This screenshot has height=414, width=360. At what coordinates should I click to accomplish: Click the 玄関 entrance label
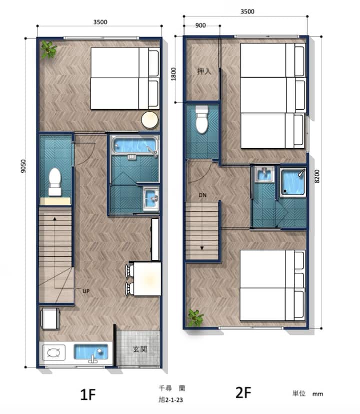(x=140, y=349)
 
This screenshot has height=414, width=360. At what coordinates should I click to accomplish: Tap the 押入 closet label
(x=204, y=71)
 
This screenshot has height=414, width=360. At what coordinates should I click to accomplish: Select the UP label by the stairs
(x=86, y=291)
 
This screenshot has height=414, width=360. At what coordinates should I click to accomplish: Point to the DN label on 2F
(x=202, y=195)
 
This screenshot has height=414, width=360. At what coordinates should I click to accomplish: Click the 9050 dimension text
(x=23, y=166)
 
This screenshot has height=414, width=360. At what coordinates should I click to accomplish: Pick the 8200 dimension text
(x=317, y=176)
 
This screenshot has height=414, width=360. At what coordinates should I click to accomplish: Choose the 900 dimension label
(x=200, y=26)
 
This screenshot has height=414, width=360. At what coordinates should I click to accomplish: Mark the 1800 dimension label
(x=173, y=74)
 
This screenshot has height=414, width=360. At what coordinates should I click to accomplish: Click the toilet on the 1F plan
(x=55, y=182)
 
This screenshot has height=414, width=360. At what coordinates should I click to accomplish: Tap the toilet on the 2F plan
(x=202, y=119)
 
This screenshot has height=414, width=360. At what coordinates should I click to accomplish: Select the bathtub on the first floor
(x=135, y=146)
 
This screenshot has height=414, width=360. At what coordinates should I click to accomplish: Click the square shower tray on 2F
(x=292, y=182)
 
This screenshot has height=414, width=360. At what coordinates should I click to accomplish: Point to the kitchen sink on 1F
(x=91, y=352)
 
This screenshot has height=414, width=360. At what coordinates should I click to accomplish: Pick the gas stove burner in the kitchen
(x=53, y=352)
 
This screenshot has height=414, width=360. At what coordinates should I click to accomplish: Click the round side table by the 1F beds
(x=150, y=120)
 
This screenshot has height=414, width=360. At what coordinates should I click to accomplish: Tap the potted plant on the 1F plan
(x=48, y=50)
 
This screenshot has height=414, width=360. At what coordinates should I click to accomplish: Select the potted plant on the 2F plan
(x=195, y=318)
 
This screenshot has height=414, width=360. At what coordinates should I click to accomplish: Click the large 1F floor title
(x=88, y=394)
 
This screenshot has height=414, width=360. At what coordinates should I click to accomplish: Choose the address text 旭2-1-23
(x=170, y=400)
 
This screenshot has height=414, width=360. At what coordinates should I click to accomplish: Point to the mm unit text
(x=317, y=394)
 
